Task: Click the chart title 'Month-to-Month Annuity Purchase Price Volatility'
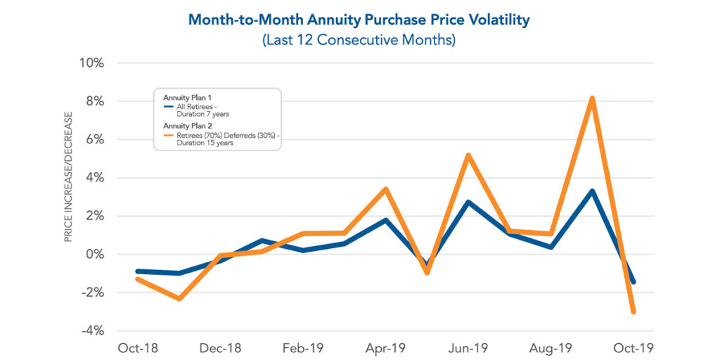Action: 359,19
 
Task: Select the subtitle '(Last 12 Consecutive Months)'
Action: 359,40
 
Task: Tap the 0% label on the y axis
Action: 94,255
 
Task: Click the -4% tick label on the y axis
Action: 92,331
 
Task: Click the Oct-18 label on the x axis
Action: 136,348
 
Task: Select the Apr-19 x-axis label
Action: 385,348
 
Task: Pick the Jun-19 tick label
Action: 468,348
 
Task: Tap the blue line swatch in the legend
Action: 167,106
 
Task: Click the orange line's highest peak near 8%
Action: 593,98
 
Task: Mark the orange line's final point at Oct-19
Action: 634,311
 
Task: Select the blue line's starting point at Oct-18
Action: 137,271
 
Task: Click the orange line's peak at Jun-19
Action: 468,155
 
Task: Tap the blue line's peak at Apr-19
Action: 385,220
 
